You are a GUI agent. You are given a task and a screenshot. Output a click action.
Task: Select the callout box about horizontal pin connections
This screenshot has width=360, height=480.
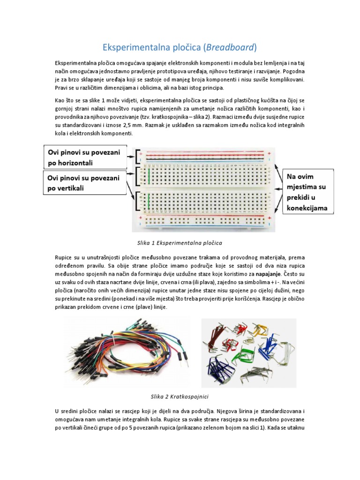pos(87,157)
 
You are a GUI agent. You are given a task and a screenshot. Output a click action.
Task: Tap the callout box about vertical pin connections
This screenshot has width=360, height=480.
pos(87,183)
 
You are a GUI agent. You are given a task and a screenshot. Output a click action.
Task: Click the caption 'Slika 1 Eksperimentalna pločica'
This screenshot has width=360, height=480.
pos(180,243)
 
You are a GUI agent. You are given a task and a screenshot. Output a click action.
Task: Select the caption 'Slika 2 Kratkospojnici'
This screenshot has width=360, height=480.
pos(180,396)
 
